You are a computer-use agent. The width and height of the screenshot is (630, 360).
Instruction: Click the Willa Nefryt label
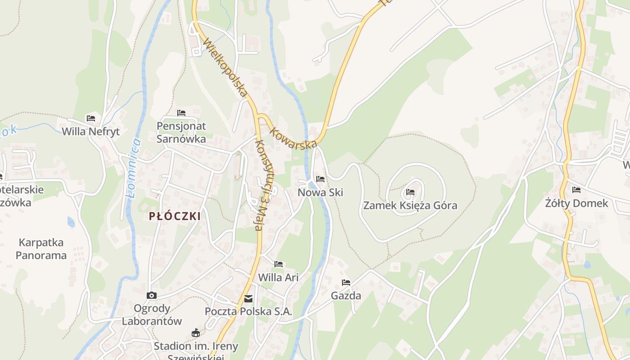(x=91, y=131)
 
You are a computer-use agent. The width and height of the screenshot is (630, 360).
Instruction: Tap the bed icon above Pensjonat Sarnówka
(x=181, y=112)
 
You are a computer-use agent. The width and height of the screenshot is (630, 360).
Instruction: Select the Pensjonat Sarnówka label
(x=181, y=132)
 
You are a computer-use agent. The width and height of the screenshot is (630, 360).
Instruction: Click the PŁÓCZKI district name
(x=175, y=216)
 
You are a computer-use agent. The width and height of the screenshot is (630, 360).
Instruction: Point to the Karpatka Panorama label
(x=41, y=249)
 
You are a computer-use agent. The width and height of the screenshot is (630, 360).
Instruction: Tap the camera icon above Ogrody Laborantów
(x=152, y=295)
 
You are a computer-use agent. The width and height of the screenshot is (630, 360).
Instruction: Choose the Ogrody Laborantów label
(x=152, y=315)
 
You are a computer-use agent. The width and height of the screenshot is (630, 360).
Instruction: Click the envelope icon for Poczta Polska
(x=248, y=299)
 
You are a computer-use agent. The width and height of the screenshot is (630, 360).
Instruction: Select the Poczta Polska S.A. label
(x=248, y=311)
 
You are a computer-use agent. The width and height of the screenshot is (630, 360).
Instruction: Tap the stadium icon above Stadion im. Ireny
(x=195, y=333)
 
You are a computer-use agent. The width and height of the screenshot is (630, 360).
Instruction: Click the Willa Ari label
(x=278, y=277)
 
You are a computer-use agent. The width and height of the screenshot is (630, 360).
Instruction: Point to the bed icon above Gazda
(x=346, y=283)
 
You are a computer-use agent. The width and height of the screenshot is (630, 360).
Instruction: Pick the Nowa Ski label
(x=320, y=193)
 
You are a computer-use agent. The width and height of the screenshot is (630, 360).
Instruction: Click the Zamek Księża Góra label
(x=410, y=206)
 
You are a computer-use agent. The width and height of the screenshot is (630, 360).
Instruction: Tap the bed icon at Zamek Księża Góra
(x=410, y=192)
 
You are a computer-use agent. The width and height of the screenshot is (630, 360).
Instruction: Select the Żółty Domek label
(x=576, y=203)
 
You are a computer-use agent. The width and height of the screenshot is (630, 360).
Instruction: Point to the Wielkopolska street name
(x=225, y=67)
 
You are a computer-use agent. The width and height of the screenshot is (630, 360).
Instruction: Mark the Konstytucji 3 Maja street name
(x=265, y=184)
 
